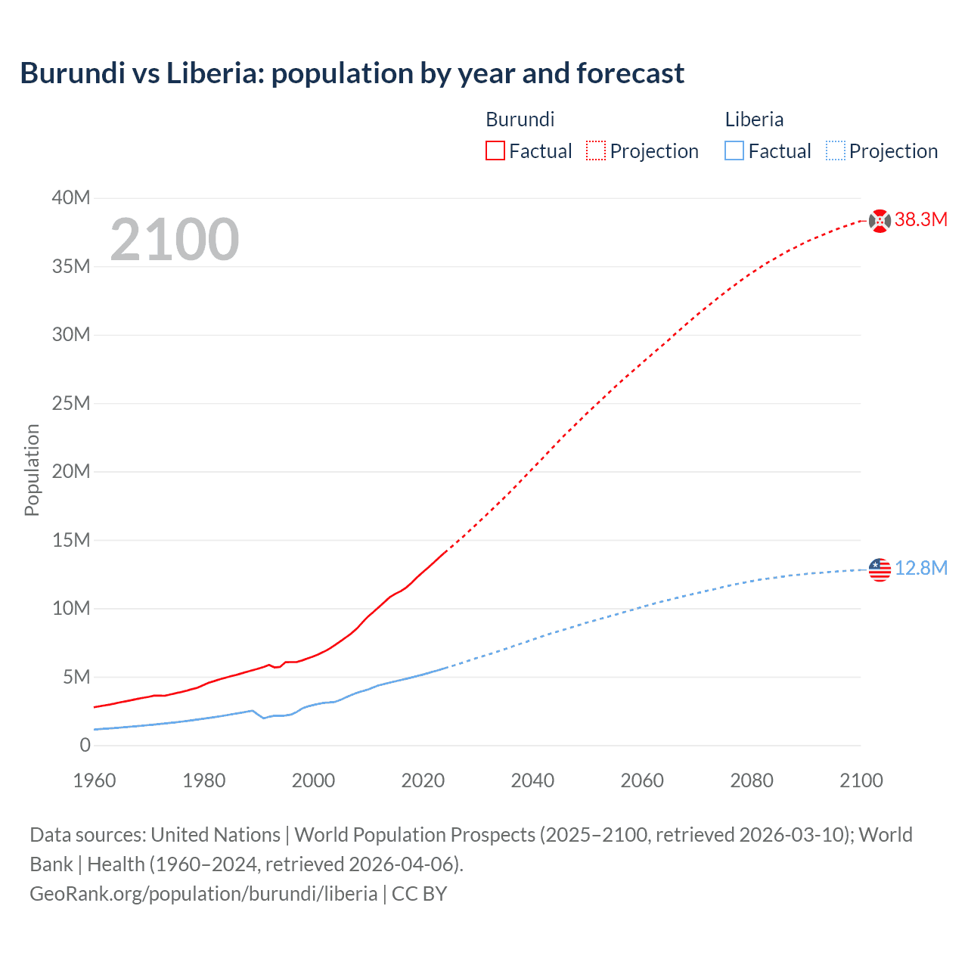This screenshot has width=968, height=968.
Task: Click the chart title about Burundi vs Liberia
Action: tap(352, 73)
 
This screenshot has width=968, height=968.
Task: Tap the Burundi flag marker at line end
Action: tap(880, 221)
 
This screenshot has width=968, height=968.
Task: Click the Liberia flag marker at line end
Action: tap(880, 569)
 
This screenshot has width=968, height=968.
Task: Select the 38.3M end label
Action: tap(921, 220)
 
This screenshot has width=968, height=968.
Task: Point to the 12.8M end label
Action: tap(921, 569)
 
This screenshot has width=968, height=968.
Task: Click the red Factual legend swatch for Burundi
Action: tap(495, 150)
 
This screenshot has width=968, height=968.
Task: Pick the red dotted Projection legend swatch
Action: tap(596, 150)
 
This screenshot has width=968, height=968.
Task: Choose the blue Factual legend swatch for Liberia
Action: tap(734, 150)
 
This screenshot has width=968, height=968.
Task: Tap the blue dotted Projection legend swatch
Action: tap(836, 150)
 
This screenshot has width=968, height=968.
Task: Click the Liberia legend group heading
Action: tap(754, 119)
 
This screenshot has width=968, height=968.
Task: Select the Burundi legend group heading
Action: tap(520, 119)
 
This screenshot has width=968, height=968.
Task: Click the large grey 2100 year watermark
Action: tap(175, 240)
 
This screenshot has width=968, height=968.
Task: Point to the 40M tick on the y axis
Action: tap(71, 198)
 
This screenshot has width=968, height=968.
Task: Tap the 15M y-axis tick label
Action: tap(71, 540)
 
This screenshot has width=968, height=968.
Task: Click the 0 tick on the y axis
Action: tap(85, 745)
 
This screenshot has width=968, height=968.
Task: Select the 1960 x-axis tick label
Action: tap(95, 780)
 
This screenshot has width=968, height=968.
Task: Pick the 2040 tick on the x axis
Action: tap(532, 780)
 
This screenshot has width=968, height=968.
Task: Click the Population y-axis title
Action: tap(32, 470)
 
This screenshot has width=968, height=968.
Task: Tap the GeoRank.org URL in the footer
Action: tap(203, 893)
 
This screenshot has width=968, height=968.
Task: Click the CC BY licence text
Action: tap(419, 893)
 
